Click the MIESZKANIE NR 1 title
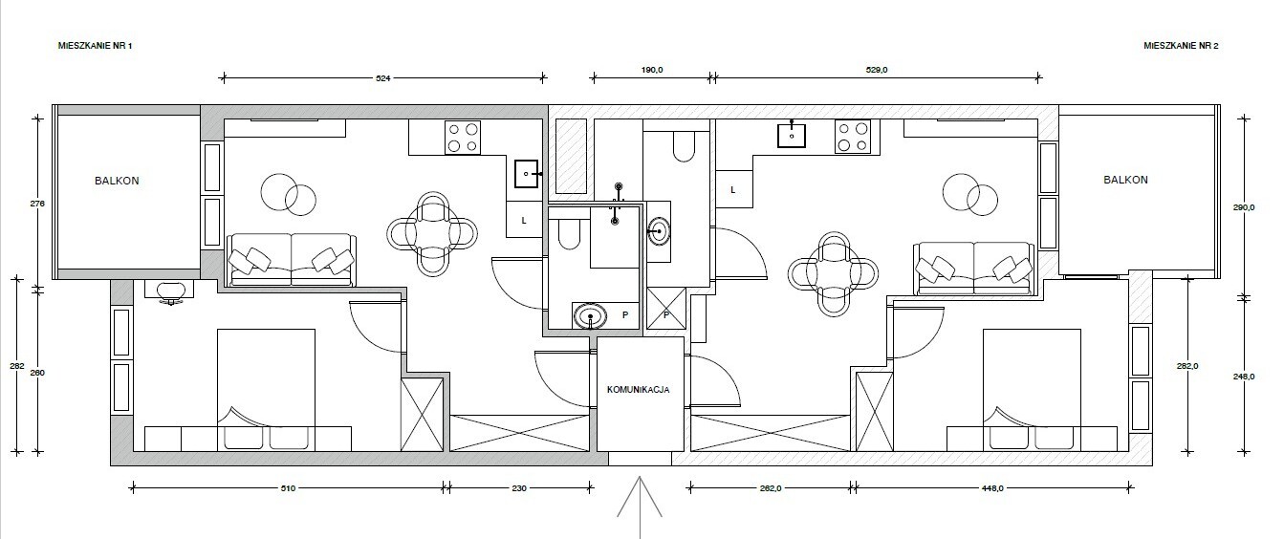(96, 46)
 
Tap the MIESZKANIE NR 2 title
(1181, 46)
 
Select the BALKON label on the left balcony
(117, 181)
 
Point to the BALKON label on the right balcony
(1126, 180)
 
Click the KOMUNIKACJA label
(638, 390)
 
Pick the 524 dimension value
(383, 78)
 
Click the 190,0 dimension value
(652, 70)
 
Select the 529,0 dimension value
(877, 70)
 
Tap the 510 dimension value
(288, 488)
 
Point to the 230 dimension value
(519, 488)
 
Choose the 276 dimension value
(38, 204)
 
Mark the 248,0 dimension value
(1244, 377)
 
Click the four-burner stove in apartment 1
(463, 138)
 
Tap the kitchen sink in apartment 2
(792, 135)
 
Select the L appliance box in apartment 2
(733, 189)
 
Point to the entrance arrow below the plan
(640, 507)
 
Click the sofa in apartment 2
(974, 269)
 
